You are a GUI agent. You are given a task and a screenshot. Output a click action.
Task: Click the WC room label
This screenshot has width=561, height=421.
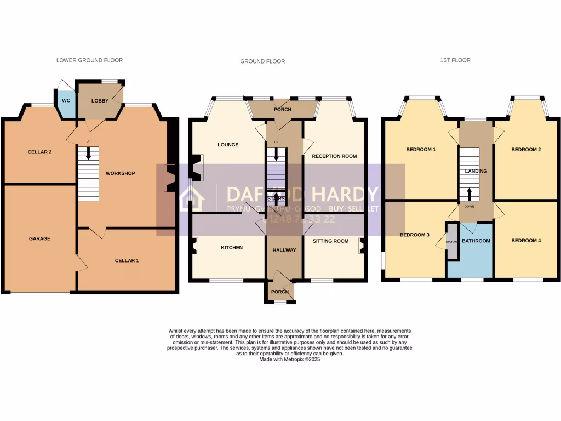pos(66,101)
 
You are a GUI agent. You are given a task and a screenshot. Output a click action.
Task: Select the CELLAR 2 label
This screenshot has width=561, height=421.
pos(39,152)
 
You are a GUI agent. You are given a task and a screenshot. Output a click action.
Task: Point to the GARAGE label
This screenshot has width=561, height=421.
pos(39,238)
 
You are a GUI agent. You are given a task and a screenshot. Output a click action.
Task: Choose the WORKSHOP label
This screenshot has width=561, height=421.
pos(120,173)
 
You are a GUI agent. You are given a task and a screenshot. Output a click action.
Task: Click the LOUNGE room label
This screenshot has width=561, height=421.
pos(228,145)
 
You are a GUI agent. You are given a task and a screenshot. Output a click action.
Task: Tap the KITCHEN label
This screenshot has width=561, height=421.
pos(232,248)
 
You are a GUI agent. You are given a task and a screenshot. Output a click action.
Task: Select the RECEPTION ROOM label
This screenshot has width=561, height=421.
pos(334,156)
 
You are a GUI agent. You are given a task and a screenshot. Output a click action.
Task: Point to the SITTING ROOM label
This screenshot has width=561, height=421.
pos(330,241)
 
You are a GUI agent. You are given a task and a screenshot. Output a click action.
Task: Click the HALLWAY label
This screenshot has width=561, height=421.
pos(284,250)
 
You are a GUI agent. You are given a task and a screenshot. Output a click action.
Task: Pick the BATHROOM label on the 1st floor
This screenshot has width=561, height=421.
pos(476,241)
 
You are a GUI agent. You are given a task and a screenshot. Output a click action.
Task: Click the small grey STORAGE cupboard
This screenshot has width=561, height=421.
pos(452,241)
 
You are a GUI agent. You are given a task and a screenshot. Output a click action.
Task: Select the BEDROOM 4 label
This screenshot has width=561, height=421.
pos(526,240)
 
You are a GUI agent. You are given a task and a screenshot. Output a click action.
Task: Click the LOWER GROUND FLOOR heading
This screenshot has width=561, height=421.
pos(89,60)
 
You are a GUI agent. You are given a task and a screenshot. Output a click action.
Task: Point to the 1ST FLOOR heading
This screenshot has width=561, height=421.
pos(456,60)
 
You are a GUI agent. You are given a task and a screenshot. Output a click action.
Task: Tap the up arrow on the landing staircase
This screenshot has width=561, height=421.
pos(469,194)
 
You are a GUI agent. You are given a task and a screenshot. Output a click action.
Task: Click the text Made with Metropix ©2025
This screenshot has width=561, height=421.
pos(290,359)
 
